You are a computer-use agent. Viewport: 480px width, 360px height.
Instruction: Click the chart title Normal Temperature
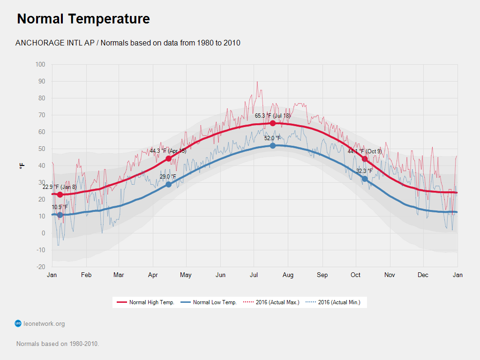point(83,19)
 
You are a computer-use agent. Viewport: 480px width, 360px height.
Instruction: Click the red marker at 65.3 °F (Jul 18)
point(272,123)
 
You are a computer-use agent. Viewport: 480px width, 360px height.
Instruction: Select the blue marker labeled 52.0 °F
point(273,146)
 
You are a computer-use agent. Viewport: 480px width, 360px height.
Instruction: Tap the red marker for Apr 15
point(168,158)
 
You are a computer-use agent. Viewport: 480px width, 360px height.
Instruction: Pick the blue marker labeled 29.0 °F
point(168,184)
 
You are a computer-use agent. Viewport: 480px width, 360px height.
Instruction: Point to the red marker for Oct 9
point(365,159)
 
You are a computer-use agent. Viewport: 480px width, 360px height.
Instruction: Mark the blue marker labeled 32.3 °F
point(365,179)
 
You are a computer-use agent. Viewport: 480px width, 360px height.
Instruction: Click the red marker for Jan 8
point(60,195)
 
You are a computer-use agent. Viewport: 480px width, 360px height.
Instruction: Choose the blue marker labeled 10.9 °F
point(60,215)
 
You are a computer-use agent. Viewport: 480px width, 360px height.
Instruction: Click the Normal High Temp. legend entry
point(145,302)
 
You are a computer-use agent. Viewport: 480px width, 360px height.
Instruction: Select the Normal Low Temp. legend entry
point(209,302)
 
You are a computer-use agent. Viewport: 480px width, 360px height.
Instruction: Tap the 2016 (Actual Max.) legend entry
point(271,302)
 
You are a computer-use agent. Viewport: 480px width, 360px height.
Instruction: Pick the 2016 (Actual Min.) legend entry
point(333,302)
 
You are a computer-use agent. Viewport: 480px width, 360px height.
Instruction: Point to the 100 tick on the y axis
point(40,65)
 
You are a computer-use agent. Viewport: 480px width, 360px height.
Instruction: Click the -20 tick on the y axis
point(41,267)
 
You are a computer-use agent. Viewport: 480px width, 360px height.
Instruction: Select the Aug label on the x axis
point(288,275)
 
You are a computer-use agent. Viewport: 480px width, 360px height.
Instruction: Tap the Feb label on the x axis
point(86,275)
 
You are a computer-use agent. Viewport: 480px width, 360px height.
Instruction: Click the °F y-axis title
point(22,166)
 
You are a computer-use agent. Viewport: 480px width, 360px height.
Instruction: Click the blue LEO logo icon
point(18,323)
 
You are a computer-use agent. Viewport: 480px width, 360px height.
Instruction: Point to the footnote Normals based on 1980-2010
point(58,344)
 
